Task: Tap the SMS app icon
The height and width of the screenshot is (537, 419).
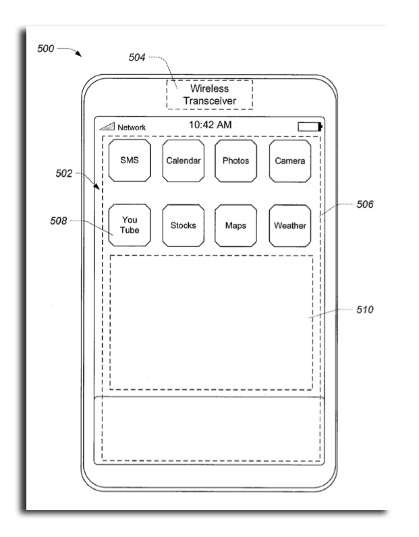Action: click(130, 161)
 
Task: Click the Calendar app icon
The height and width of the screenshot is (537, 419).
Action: click(184, 161)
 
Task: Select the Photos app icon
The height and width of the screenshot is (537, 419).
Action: click(235, 161)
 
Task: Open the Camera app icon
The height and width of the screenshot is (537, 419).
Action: click(290, 161)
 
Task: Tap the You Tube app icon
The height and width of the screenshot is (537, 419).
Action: click(130, 225)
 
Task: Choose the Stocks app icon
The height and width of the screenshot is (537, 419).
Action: click(184, 225)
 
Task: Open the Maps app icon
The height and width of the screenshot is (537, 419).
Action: click(235, 225)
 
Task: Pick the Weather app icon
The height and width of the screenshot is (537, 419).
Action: click(290, 225)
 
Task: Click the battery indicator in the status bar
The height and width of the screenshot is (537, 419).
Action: click(310, 127)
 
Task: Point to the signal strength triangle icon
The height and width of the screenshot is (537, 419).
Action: click(107, 126)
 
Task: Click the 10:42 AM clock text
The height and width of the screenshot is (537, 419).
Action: click(210, 125)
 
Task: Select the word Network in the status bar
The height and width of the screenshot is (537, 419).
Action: click(132, 128)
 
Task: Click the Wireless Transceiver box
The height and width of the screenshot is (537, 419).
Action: click(210, 95)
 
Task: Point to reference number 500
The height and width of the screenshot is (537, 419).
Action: click(46, 49)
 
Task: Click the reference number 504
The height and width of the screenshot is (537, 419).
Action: click(137, 57)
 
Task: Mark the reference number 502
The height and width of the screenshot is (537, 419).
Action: click(64, 173)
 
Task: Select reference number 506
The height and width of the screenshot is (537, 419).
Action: click(365, 204)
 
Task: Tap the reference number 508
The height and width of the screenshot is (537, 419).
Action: click(59, 221)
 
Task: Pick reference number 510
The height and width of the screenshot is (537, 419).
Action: click(365, 310)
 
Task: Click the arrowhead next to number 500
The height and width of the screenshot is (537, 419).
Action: click(79, 54)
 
